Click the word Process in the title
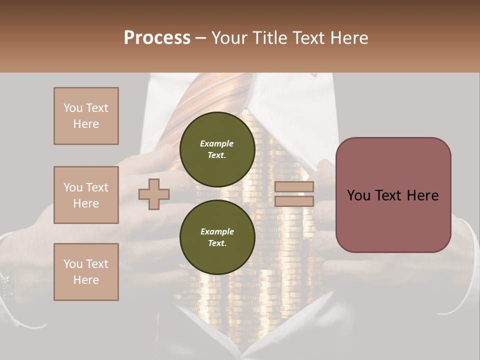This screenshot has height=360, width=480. pyautogui.click(x=157, y=38)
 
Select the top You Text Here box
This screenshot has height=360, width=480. pyautogui.click(x=86, y=116)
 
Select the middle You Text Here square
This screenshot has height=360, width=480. pyautogui.click(x=86, y=195)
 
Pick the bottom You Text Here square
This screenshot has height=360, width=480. pyautogui.click(x=86, y=272)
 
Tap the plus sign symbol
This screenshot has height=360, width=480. pyautogui.click(x=154, y=194)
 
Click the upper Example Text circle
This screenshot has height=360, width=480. pyautogui.click(x=217, y=149)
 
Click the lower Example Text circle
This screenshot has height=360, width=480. pyautogui.click(x=217, y=237)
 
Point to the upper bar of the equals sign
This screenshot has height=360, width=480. pyautogui.click(x=294, y=187)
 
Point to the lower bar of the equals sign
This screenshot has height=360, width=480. pyautogui.click(x=294, y=201)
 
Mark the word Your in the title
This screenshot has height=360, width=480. pyautogui.click(x=230, y=38)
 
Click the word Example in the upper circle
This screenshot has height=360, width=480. pyautogui.click(x=217, y=143)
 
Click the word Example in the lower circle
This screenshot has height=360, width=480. pyautogui.click(x=217, y=231)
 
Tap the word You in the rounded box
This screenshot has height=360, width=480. pyautogui.click(x=358, y=195)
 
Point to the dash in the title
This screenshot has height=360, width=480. pyautogui.click(x=201, y=38)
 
